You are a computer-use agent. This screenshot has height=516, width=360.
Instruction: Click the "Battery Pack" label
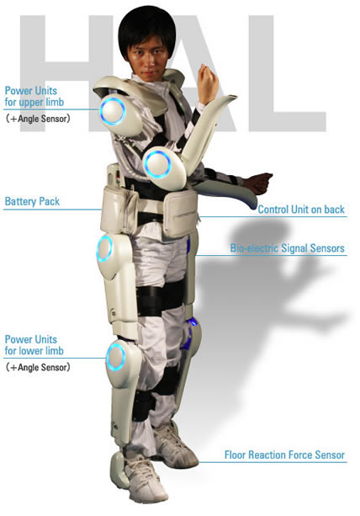tap(32, 201)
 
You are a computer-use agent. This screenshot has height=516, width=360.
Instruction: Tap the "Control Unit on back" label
tap(301, 210)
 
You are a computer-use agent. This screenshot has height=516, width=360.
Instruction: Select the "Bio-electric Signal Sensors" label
tap(288, 248)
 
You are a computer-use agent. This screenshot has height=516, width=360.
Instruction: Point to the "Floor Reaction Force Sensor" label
tap(284, 455)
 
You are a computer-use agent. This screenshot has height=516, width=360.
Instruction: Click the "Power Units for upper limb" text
tap(34, 96)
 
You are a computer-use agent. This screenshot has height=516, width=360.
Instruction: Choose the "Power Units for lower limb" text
tap(34, 345)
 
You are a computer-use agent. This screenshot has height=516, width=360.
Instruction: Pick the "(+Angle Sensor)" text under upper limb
tap(38, 119)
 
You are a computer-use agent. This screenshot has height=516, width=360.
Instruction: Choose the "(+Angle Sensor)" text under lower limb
tap(38, 367)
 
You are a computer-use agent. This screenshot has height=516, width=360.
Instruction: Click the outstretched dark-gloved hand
tap(260, 183)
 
